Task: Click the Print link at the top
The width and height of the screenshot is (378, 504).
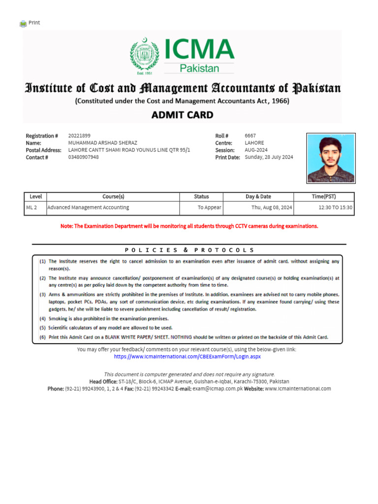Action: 34,23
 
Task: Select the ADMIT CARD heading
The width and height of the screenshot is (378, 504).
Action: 182,115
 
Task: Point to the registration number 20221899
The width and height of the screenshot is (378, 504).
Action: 79,136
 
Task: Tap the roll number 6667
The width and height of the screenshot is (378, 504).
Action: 250,136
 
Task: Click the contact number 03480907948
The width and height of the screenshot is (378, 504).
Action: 83,157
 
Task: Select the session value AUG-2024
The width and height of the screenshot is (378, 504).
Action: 256,150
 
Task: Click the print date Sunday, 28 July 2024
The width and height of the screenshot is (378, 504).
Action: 269,157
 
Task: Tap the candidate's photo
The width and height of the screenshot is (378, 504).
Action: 331,157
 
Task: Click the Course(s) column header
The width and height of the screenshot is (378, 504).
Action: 113,196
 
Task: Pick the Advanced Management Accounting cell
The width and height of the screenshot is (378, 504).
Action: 88,208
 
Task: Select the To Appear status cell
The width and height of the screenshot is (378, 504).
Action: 209,208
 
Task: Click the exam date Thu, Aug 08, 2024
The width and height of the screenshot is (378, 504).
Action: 272,208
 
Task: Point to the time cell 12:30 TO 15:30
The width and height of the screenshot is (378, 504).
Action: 335,208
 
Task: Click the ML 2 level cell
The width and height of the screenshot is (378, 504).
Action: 31,208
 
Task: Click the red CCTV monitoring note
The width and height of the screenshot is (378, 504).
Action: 189,226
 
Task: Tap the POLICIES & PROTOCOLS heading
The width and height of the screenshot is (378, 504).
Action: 189,250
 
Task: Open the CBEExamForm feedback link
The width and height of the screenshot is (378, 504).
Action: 187,356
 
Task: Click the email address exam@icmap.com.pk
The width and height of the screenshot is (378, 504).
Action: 215,388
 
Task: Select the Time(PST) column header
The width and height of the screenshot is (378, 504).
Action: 324,196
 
